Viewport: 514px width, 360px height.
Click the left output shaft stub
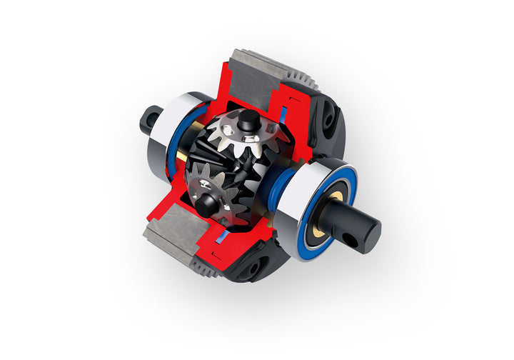pyautogui.click(x=151, y=119)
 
